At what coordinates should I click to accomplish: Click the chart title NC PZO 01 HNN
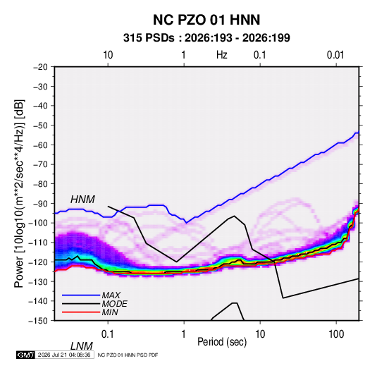[x=206, y=20]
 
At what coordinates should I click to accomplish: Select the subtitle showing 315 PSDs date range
[x=206, y=38]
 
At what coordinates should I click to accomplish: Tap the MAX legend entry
[x=111, y=295]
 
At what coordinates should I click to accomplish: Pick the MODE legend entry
[x=114, y=304]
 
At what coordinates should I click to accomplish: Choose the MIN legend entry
[x=110, y=312]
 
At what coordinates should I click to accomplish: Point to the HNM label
[x=82, y=200]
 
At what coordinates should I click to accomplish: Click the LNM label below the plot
[x=82, y=346]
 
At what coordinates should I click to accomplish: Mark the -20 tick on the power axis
[x=40, y=67]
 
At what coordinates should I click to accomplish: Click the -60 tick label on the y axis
[x=40, y=145]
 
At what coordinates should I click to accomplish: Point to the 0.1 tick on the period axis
[x=108, y=334]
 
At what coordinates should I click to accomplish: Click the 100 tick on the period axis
[x=336, y=334]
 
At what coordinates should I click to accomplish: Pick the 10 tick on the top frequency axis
[x=108, y=55]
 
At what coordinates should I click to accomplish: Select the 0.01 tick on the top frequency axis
[x=335, y=55]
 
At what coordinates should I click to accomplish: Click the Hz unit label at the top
[x=222, y=55]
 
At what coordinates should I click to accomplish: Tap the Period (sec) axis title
[x=222, y=342]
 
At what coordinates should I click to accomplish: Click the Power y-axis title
[x=19, y=194]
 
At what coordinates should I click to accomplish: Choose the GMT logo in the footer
[x=25, y=355]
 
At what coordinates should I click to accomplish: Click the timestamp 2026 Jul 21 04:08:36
[x=64, y=355]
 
